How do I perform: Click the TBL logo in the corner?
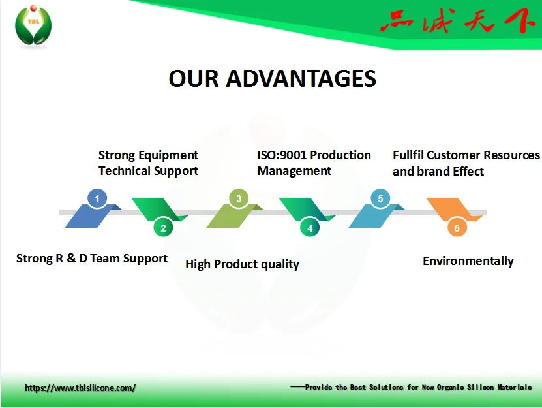click(33, 26)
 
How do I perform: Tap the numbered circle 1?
click(97, 198)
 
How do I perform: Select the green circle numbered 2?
click(163, 228)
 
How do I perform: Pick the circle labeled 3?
click(239, 198)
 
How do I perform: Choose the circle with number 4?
click(310, 228)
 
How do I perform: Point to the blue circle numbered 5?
click(380, 198)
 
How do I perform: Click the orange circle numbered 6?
click(457, 228)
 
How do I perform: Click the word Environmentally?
click(468, 261)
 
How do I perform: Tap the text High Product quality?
click(242, 264)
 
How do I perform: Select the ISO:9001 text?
click(283, 155)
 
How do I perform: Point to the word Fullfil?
click(408, 155)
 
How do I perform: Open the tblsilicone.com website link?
click(80, 388)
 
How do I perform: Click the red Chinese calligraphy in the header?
click(457, 23)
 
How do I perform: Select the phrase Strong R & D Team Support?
click(92, 259)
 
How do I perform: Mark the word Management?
click(294, 171)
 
